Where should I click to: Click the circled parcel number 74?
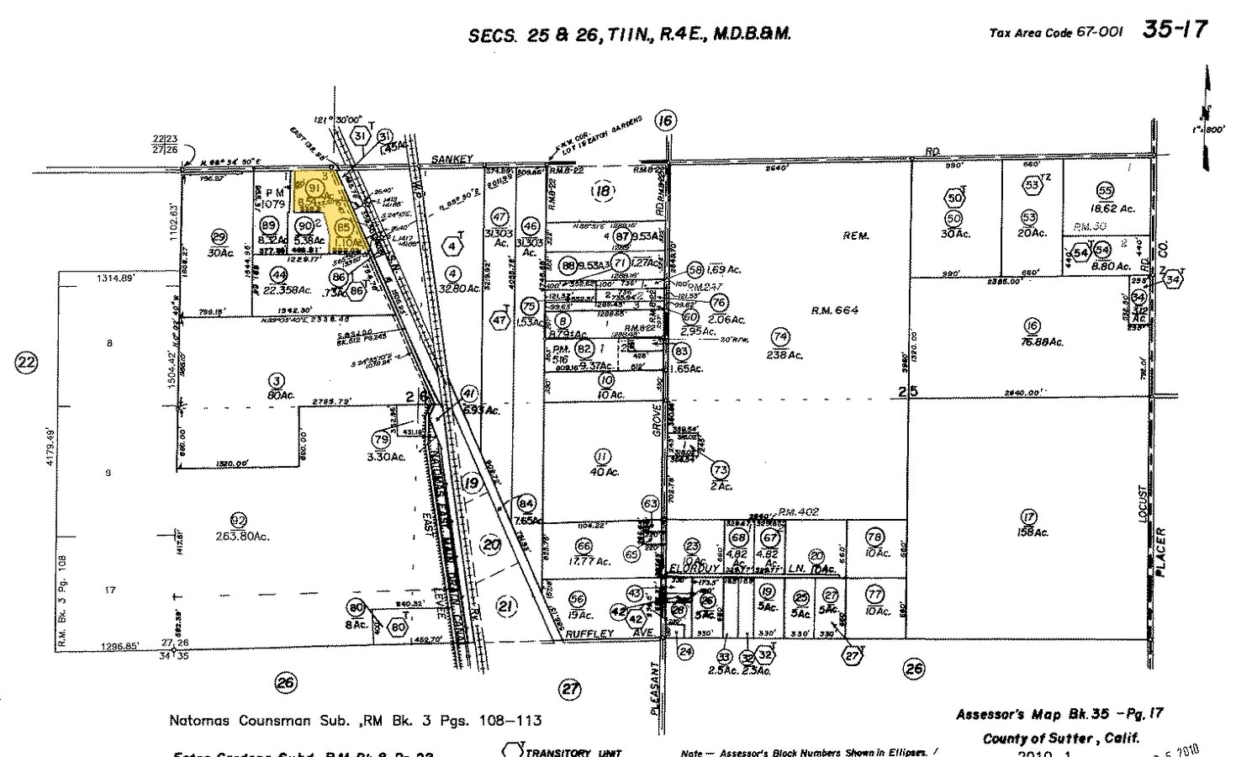[x=780, y=336]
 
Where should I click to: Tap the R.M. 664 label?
[x=834, y=310]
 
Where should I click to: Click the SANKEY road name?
[x=454, y=158]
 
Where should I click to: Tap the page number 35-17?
[x=1174, y=29]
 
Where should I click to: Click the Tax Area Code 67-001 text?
[x=1055, y=33]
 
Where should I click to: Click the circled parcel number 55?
[x=1105, y=190]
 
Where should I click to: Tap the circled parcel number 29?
[x=220, y=236]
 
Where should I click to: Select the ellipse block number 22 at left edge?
[x=28, y=363]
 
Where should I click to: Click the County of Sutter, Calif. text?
[x=1061, y=738]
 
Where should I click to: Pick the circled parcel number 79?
[x=381, y=439]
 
